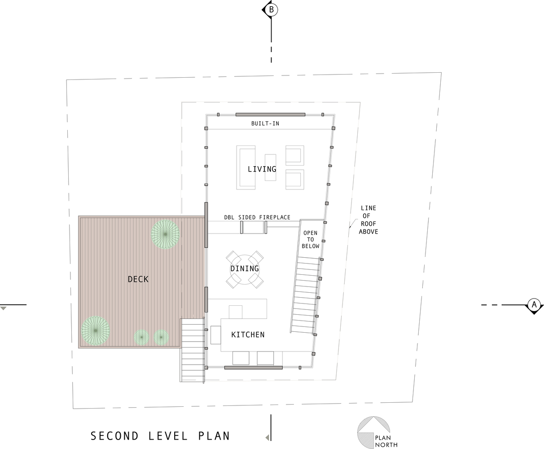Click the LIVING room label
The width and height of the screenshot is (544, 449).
pos(262,169)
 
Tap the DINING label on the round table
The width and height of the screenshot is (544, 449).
pos(245,269)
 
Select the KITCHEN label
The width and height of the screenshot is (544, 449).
pos(248,335)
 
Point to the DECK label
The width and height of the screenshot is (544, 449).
pos(138,279)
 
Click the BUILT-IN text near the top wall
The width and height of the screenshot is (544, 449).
pos(265,123)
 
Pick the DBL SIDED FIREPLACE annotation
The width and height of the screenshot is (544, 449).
pos(257,217)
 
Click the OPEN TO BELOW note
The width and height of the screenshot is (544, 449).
pos(310,239)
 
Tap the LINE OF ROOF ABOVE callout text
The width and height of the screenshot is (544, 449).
pos(368,220)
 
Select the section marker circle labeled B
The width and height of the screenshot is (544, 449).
pos(271,9)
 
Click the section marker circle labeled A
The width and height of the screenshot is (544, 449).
pos(534,304)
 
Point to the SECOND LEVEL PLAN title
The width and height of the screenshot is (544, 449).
pos(160,436)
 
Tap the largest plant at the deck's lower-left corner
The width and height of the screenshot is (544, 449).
pos(95,331)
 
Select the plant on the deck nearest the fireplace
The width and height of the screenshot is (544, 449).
pos(165,234)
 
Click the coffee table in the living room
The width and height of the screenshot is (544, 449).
pos(271,167)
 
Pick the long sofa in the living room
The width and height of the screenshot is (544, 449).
pos(246,167)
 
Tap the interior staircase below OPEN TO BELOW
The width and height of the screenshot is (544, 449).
pos(305,295)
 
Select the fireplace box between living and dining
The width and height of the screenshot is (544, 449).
pos(254,227)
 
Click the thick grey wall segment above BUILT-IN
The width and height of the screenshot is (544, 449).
pos(270,114)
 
